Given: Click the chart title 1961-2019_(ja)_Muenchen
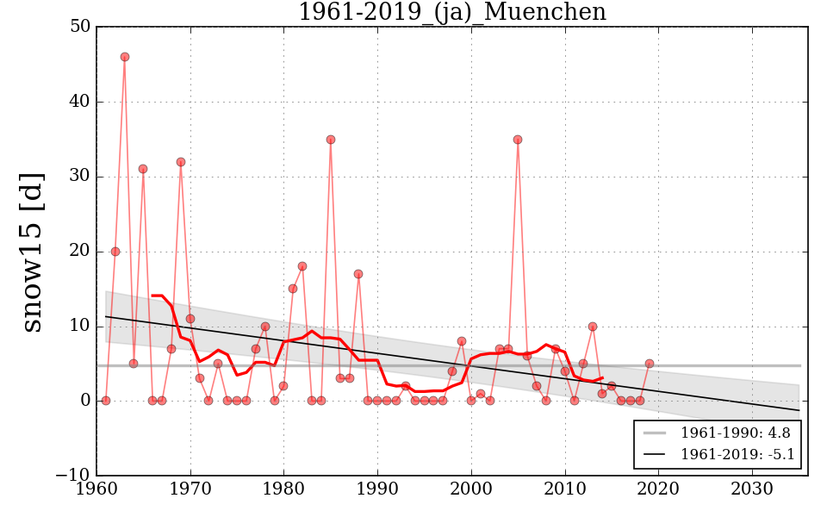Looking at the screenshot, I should point(451,13).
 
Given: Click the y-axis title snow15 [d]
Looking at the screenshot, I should point(32,251).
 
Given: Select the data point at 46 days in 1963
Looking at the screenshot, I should point(125,57).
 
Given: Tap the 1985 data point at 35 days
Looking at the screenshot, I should point(331,140).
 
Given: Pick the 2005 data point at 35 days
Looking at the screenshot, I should point(518,140).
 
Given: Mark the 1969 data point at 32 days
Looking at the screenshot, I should point(181,162).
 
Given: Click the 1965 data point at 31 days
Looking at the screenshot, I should point(143,169).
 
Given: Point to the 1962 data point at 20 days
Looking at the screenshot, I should point(115,252).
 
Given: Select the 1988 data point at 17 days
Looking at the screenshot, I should point(358,274).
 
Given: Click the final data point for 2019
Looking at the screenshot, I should point(650,364).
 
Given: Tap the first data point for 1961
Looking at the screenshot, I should point(106,401).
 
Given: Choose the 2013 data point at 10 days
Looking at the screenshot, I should point(593,327).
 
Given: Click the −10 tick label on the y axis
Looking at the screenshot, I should point(72,476).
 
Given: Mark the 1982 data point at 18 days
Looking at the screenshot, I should point(302,266).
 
